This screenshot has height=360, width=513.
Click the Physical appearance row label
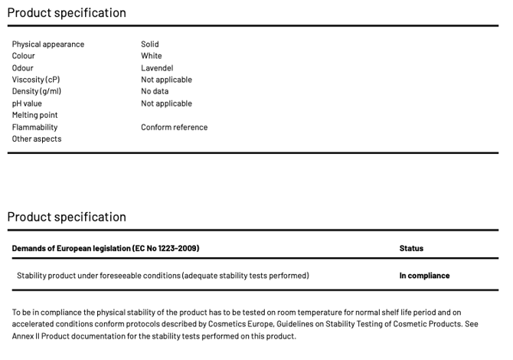click(48, 44)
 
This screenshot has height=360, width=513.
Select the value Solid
click(150, 44)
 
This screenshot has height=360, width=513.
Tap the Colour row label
click(24, 56)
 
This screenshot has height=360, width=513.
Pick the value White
click(152, 56)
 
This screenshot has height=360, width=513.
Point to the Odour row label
click(23, 68)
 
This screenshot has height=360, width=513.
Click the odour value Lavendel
click(157, 68)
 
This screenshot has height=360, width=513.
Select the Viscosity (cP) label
click(36, 80)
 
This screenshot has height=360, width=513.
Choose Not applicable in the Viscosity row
click(166, 80)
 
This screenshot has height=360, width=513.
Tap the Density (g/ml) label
click(37, 91)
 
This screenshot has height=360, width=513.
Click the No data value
click(155, 91)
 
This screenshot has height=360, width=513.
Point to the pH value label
click(28, 103)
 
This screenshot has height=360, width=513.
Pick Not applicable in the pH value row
click(166, 103)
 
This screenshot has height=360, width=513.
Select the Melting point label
click(35, 115)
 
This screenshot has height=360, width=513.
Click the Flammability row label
click(34, 127)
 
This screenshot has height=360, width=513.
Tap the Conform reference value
click(174, 127)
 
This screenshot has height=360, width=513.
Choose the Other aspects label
click(37, 139)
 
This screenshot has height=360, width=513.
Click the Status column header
click(411, 248)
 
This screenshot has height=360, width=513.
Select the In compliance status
click(424, 275)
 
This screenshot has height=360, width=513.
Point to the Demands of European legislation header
click(106, 248)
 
